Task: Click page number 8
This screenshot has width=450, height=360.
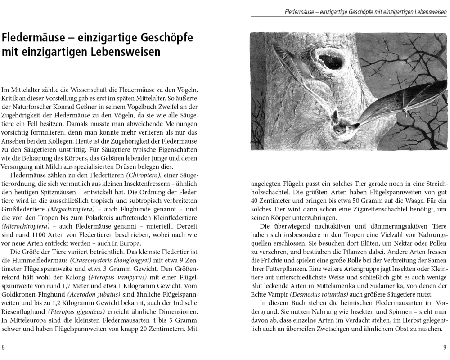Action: click(x=4, y=347)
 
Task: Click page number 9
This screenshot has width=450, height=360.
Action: click(x=445, y=347)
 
